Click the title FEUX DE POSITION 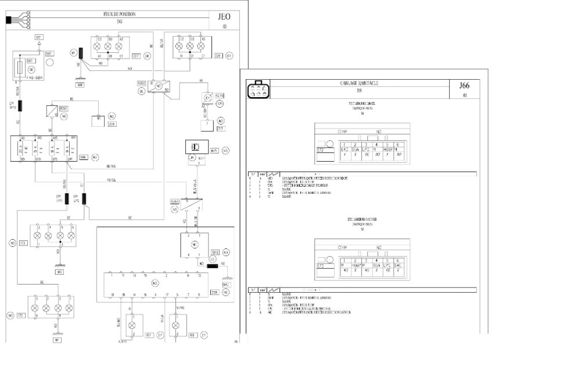pyautogui.click(x=119, y=14)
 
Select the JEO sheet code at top pyautogui.click(x=224, y=17)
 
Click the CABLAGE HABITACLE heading pyautogui.click(x=358, y=84)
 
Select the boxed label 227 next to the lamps pyautogui.click(x=136, y=56)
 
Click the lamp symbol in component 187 pyautogui.click(x=132, y=324)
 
